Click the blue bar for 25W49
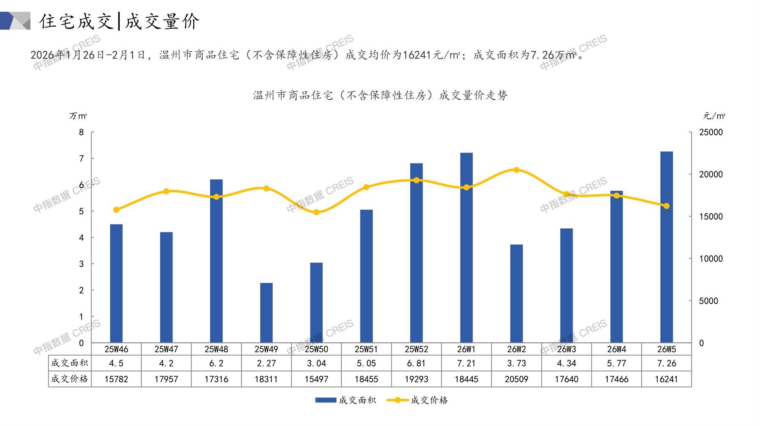coord(266,313)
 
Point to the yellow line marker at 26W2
coord(516,170)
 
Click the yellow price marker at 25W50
coord(316,212)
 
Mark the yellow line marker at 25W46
coord(116,210)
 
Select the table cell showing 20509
coord(516,379)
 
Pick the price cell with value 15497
coord(316,379)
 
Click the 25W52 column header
coord(416,349)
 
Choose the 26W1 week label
coord(466,349)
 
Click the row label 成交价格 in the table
coord(70,379)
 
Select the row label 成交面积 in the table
coord(70,363)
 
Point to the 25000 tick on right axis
coord(711,132)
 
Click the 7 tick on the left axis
coord(82,159)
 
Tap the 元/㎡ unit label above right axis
coord(714,116)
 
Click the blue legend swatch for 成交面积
coord(326,400)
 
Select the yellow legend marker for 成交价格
coord(398,400)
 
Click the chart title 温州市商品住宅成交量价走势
coord(380,96)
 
